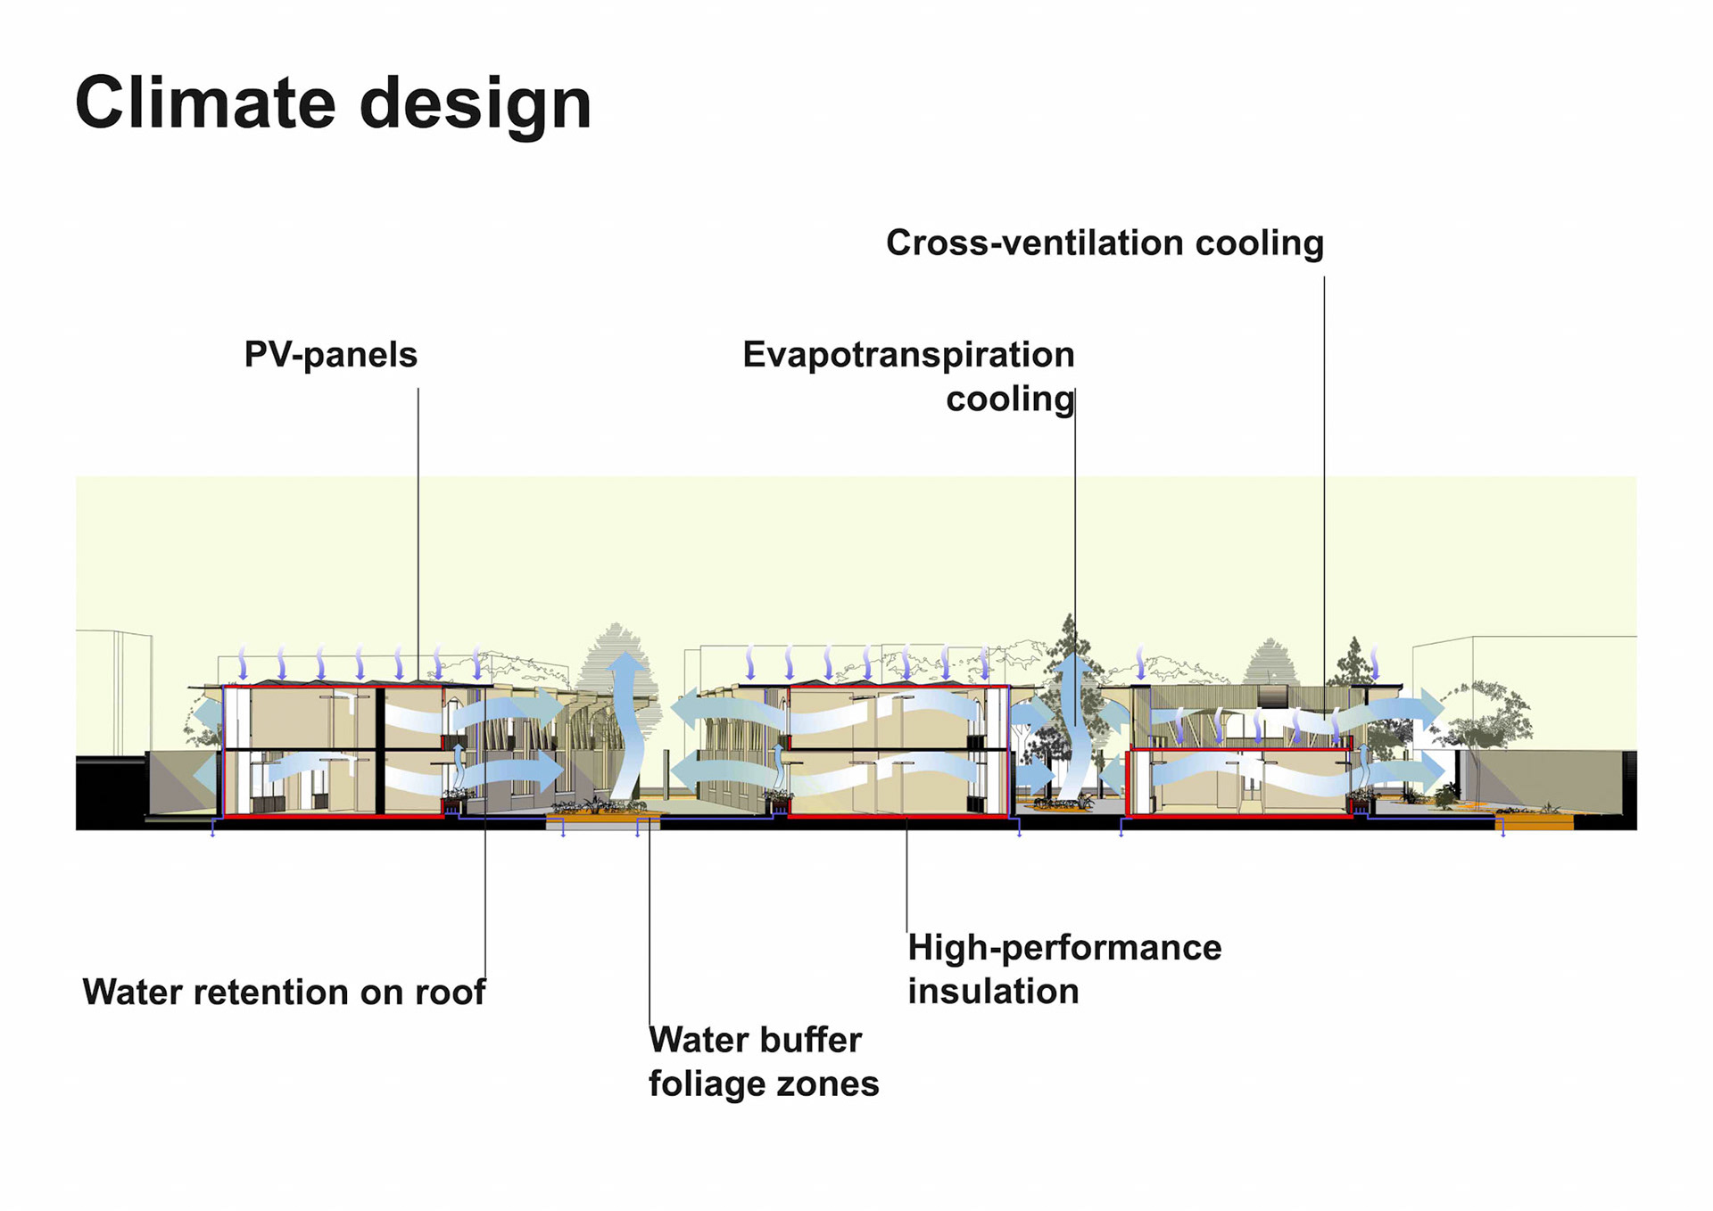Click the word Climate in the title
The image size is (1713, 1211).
click(x=203, y=103)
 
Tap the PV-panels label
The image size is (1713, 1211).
click(x=330, y=355)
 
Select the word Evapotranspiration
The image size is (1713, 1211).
click(x=908, y=355)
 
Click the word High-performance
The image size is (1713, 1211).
click(x=1063, y=947)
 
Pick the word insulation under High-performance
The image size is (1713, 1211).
click(x=993, y=991)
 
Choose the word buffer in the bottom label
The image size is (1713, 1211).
click(x=811, y=1040)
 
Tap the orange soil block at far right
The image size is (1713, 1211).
click(x=1534, y=823)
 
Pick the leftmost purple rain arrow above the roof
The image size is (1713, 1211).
click(x=243, y=664)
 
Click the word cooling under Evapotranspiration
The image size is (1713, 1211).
click(x=1009, y=399)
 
